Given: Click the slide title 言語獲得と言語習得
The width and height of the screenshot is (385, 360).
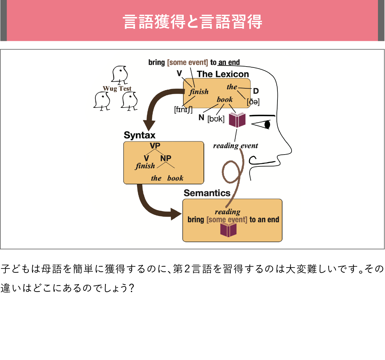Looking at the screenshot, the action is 192,22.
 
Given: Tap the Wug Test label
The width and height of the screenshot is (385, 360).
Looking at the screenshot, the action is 117,88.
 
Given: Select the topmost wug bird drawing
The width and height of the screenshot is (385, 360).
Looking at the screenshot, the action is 120,75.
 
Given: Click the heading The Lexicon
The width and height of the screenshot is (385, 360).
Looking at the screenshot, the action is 223,74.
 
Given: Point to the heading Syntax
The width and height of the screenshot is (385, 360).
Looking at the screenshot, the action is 140,135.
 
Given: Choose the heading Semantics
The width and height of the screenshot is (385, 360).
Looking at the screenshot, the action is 207,193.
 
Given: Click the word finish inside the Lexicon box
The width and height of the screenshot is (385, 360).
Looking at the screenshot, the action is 199,92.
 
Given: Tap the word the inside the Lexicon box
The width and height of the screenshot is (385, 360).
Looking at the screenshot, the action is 232,87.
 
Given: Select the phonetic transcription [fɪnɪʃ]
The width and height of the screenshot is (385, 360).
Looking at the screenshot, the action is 183,110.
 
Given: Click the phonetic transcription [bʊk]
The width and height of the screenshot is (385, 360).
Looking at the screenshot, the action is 216,119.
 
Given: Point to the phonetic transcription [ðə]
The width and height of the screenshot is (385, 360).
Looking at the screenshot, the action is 253,102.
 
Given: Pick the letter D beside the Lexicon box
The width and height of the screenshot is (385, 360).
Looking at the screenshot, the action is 256,91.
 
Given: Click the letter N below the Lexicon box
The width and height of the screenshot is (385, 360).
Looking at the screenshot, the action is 201,117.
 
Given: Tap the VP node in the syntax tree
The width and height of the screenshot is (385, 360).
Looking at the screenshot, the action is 155,145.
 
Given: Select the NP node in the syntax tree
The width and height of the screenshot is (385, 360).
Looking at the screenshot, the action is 166,158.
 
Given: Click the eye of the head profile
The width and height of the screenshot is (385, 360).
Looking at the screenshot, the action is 267,124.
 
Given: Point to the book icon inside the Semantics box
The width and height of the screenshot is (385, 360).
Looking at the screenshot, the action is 229,229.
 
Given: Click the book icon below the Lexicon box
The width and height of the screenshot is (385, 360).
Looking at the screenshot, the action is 237,120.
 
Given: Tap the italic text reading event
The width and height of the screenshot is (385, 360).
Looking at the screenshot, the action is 236,146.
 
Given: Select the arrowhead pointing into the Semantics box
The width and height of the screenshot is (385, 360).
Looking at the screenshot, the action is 176,214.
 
